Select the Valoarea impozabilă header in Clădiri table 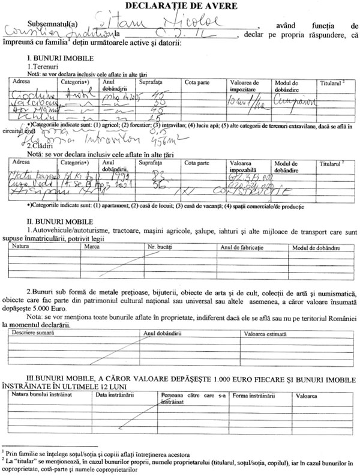pyautogui.click(x=247, y=164)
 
